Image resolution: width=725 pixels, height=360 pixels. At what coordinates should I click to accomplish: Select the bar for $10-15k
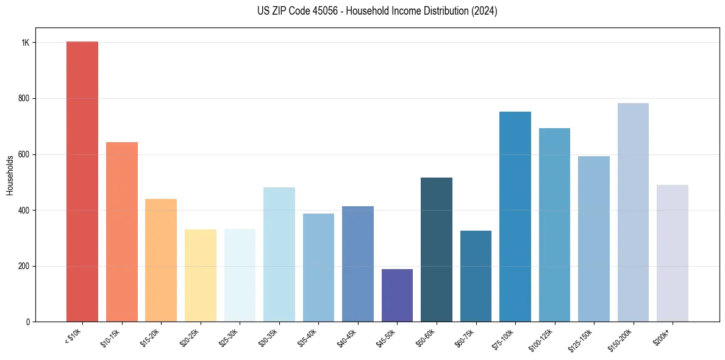point(122,232)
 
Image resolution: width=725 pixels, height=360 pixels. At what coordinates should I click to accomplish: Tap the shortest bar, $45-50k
point(397,295)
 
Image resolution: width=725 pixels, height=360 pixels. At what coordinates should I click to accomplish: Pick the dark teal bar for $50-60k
point(437,250)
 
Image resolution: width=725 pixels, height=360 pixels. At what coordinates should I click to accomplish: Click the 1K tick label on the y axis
point(26,43)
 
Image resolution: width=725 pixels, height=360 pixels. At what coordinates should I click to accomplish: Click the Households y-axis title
point(10,175)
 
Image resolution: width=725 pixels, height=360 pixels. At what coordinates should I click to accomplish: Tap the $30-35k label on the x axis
point(268,337)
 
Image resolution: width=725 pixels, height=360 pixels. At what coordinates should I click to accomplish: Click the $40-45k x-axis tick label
point(347,337)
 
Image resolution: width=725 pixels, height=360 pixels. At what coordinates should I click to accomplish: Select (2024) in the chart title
point(485,11)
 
